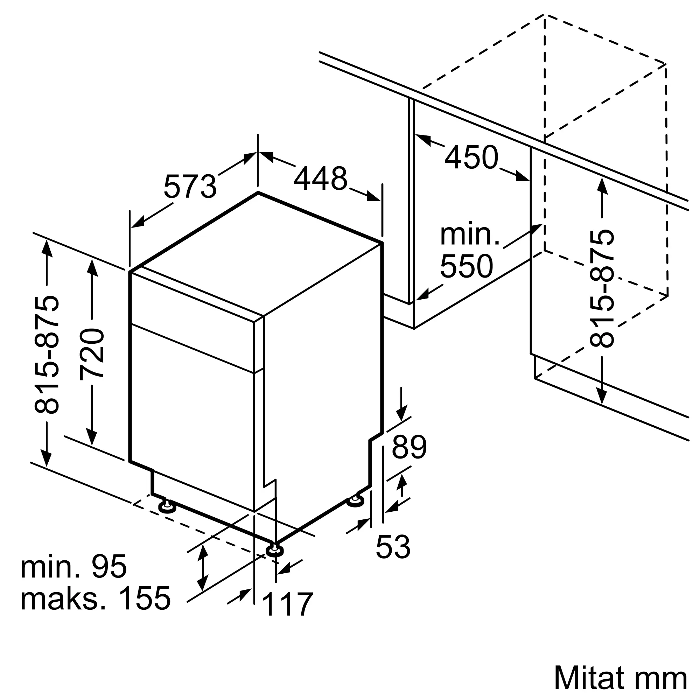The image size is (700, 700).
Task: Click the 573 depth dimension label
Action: coord(190,186)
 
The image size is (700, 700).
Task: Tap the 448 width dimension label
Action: coord(320,178)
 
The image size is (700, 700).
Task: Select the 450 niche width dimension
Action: coord(471,157)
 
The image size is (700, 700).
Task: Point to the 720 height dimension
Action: coord(92,353)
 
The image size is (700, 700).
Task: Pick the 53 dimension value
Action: coord(393,547)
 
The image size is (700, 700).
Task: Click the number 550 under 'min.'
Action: coord(466,266)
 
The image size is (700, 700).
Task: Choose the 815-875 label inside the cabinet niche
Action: coord(602,288)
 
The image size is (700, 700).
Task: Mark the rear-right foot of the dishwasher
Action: coord(356,501)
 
